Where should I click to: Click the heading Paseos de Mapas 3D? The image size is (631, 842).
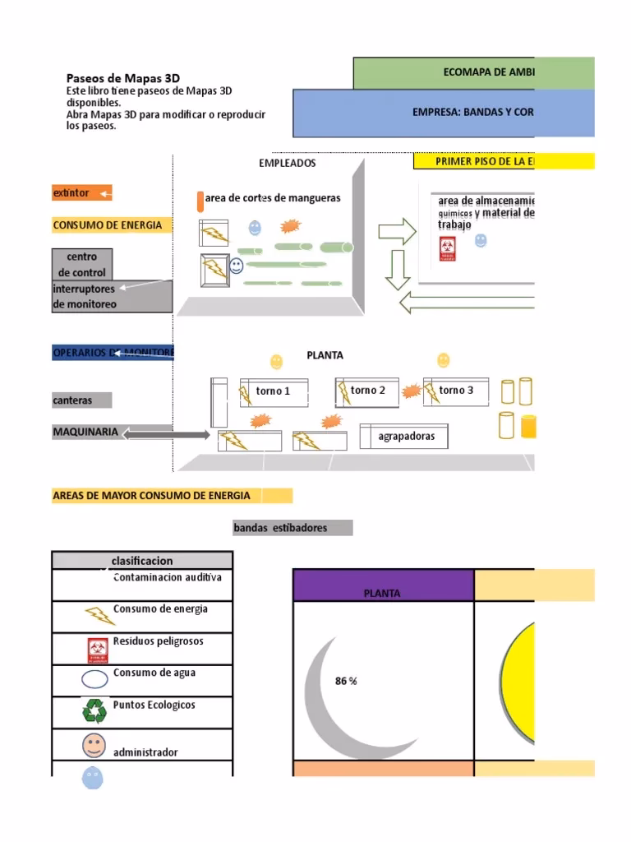coord(122,78)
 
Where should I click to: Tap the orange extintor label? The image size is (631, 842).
coord(81,193)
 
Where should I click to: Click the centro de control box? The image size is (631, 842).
coord(81,264)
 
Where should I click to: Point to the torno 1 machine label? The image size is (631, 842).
coord(273,391)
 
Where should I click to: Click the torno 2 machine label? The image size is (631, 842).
coord(367,391)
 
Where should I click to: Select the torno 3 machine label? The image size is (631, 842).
coord(456,391)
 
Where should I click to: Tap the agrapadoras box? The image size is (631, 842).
coord(406,437)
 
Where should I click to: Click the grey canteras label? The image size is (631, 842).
coord(81,400)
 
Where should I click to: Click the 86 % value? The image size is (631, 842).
coord(346,681)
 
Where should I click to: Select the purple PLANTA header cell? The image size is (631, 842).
coord(383,585)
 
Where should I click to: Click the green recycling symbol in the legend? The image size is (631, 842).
coord(94,710)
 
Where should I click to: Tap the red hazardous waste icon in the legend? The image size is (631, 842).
coord(98,650)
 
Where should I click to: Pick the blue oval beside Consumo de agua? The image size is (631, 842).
coord(94,679)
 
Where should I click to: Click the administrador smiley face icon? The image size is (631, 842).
coord(94,746)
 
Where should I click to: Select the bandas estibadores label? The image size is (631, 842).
coord(292,528)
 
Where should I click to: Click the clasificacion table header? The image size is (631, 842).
coord(141,561)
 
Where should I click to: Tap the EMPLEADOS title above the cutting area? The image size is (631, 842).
coord(287,164)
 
